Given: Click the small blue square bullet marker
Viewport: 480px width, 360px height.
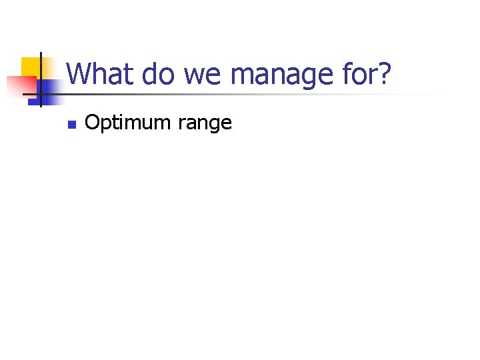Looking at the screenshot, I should coord(72,124).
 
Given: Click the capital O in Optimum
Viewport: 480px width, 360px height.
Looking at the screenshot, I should coord(92,123).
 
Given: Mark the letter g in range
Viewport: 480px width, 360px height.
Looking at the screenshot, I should coord(214,125).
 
